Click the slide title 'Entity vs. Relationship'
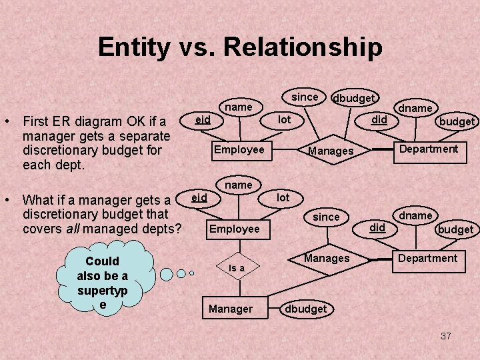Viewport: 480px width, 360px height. (x=240, y=47)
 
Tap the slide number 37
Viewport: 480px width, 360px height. (x=446, y=336)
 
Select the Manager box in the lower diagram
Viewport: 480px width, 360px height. (x=231, y=309)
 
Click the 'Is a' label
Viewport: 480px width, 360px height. (x=237, y=267)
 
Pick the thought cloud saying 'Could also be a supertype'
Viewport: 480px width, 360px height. (x=103, y=276)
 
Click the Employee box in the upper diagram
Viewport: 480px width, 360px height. (x=239, y=149)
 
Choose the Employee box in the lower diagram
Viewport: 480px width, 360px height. (x=235, y=229)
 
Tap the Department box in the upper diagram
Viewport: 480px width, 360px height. (x=428, y=149)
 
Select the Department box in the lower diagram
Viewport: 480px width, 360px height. (x=428, y=258)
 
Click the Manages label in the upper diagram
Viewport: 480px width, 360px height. (x=331, y=151)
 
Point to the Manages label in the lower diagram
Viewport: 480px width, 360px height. (x=327, y=258)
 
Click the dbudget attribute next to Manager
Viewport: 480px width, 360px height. (x=306, y=309)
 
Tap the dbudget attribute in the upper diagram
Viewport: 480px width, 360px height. (x=353, y=98)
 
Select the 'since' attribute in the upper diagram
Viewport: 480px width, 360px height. (x=305, y=97)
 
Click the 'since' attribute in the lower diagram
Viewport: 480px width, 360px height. (x=326, y=217)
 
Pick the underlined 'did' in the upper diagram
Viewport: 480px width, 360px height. (x=379, y=119)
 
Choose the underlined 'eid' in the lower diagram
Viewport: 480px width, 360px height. (x=199, y=197)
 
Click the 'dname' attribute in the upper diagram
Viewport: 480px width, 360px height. (x=415, y=108)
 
